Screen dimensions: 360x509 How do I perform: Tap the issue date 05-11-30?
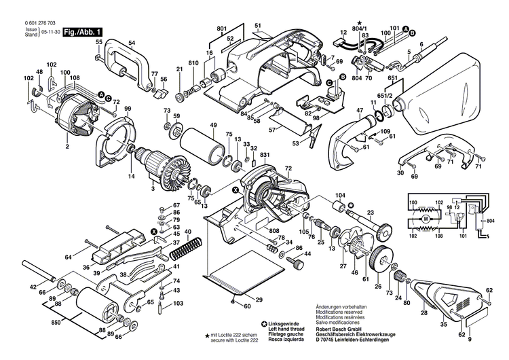[49, 32]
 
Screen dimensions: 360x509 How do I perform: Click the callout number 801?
[221, 29]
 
